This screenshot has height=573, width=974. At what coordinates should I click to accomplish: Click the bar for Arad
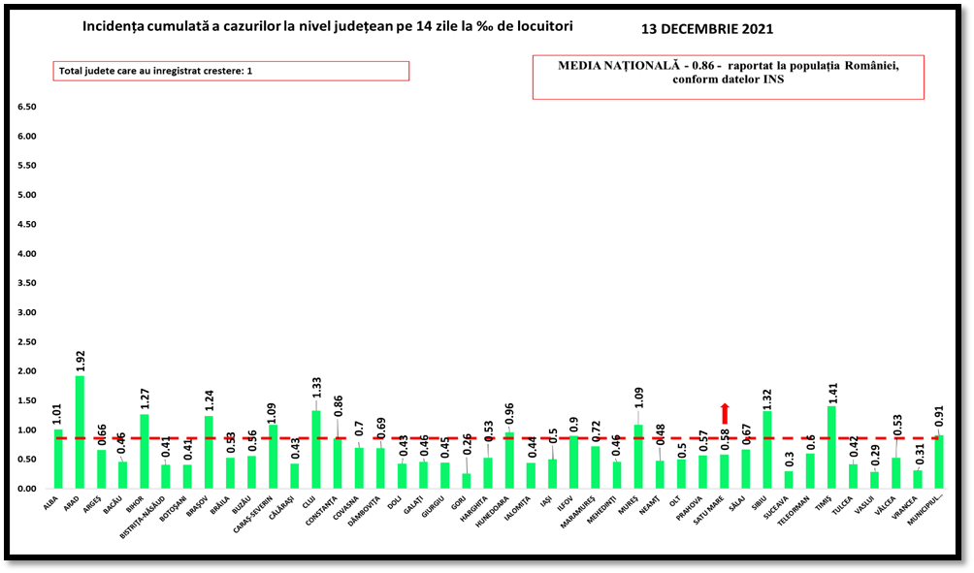pos(80,432)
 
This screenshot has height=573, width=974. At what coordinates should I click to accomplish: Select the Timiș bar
pos(831,447)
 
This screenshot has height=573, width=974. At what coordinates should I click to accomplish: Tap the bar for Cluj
pos(316,450)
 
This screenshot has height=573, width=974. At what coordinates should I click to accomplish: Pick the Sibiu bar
pos(767,450)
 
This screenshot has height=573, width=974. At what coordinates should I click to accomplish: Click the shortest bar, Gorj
pos(467,481)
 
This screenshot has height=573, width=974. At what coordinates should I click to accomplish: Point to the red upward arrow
pos(725,413)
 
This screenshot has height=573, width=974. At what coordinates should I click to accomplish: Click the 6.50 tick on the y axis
pos(26,107)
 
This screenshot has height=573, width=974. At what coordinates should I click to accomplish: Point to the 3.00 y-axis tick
pos(26,312)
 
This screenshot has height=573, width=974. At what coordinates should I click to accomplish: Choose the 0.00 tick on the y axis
pos(26,489)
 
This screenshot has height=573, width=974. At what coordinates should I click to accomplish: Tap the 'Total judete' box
pos(231,71)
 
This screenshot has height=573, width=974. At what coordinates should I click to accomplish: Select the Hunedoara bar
pos(509,461)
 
